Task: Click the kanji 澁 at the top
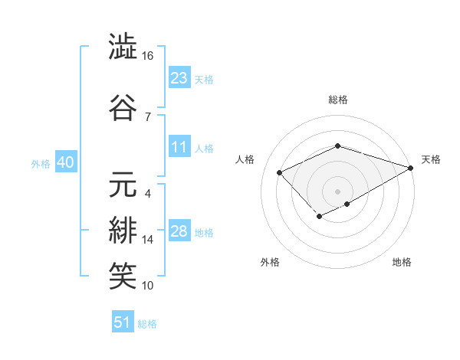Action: tap(123, 47)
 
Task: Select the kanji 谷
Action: tap(123, 106)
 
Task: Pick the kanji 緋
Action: tap(123, 230)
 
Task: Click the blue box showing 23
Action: tap(179, 77)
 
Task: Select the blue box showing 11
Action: tap(179, 147)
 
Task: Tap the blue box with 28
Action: tap(179, 231)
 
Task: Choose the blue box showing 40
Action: tap(64, 162)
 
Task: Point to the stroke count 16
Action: tap(148, 57)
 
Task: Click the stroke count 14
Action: tap(148, 240)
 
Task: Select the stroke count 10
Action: tap(148, 286)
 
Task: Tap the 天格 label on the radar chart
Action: tap(431, 159)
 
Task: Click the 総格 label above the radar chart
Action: tap(337, 100)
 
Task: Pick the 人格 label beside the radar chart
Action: tap(245, 159)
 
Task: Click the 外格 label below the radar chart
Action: tap(269, 263)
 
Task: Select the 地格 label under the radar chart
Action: tap(402, 263)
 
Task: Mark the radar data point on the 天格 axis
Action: tap(412, 167)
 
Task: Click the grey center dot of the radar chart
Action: tap(337, 191)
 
